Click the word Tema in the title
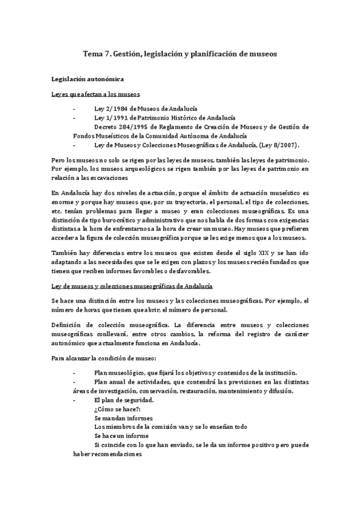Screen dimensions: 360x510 tap(93, 54)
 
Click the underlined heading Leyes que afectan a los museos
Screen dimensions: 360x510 tap(96, 94)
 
